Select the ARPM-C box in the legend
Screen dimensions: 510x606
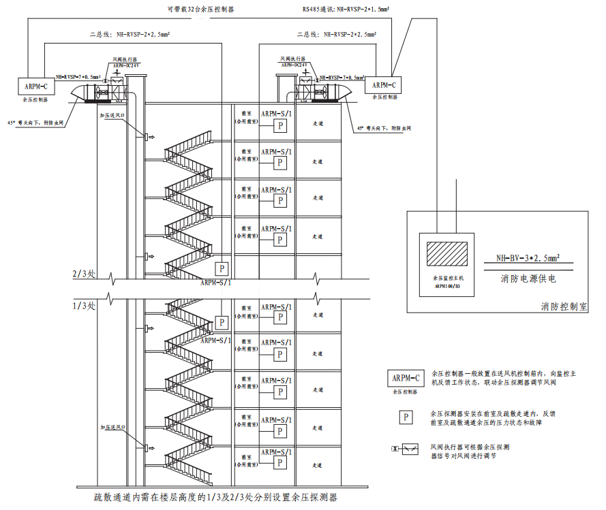(406, 377)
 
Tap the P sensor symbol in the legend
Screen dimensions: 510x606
(406, 417)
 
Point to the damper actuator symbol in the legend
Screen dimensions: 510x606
(406, 449)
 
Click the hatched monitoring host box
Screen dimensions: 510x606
(446, 255)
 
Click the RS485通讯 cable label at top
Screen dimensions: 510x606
(350, 11)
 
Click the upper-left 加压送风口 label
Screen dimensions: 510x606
(114, 116)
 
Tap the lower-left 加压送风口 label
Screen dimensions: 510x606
(113, 427)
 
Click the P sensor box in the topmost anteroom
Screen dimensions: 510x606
(279, 125)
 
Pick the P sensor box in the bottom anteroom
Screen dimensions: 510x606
(279, 462)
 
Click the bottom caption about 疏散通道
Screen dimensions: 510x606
(216, 498)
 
